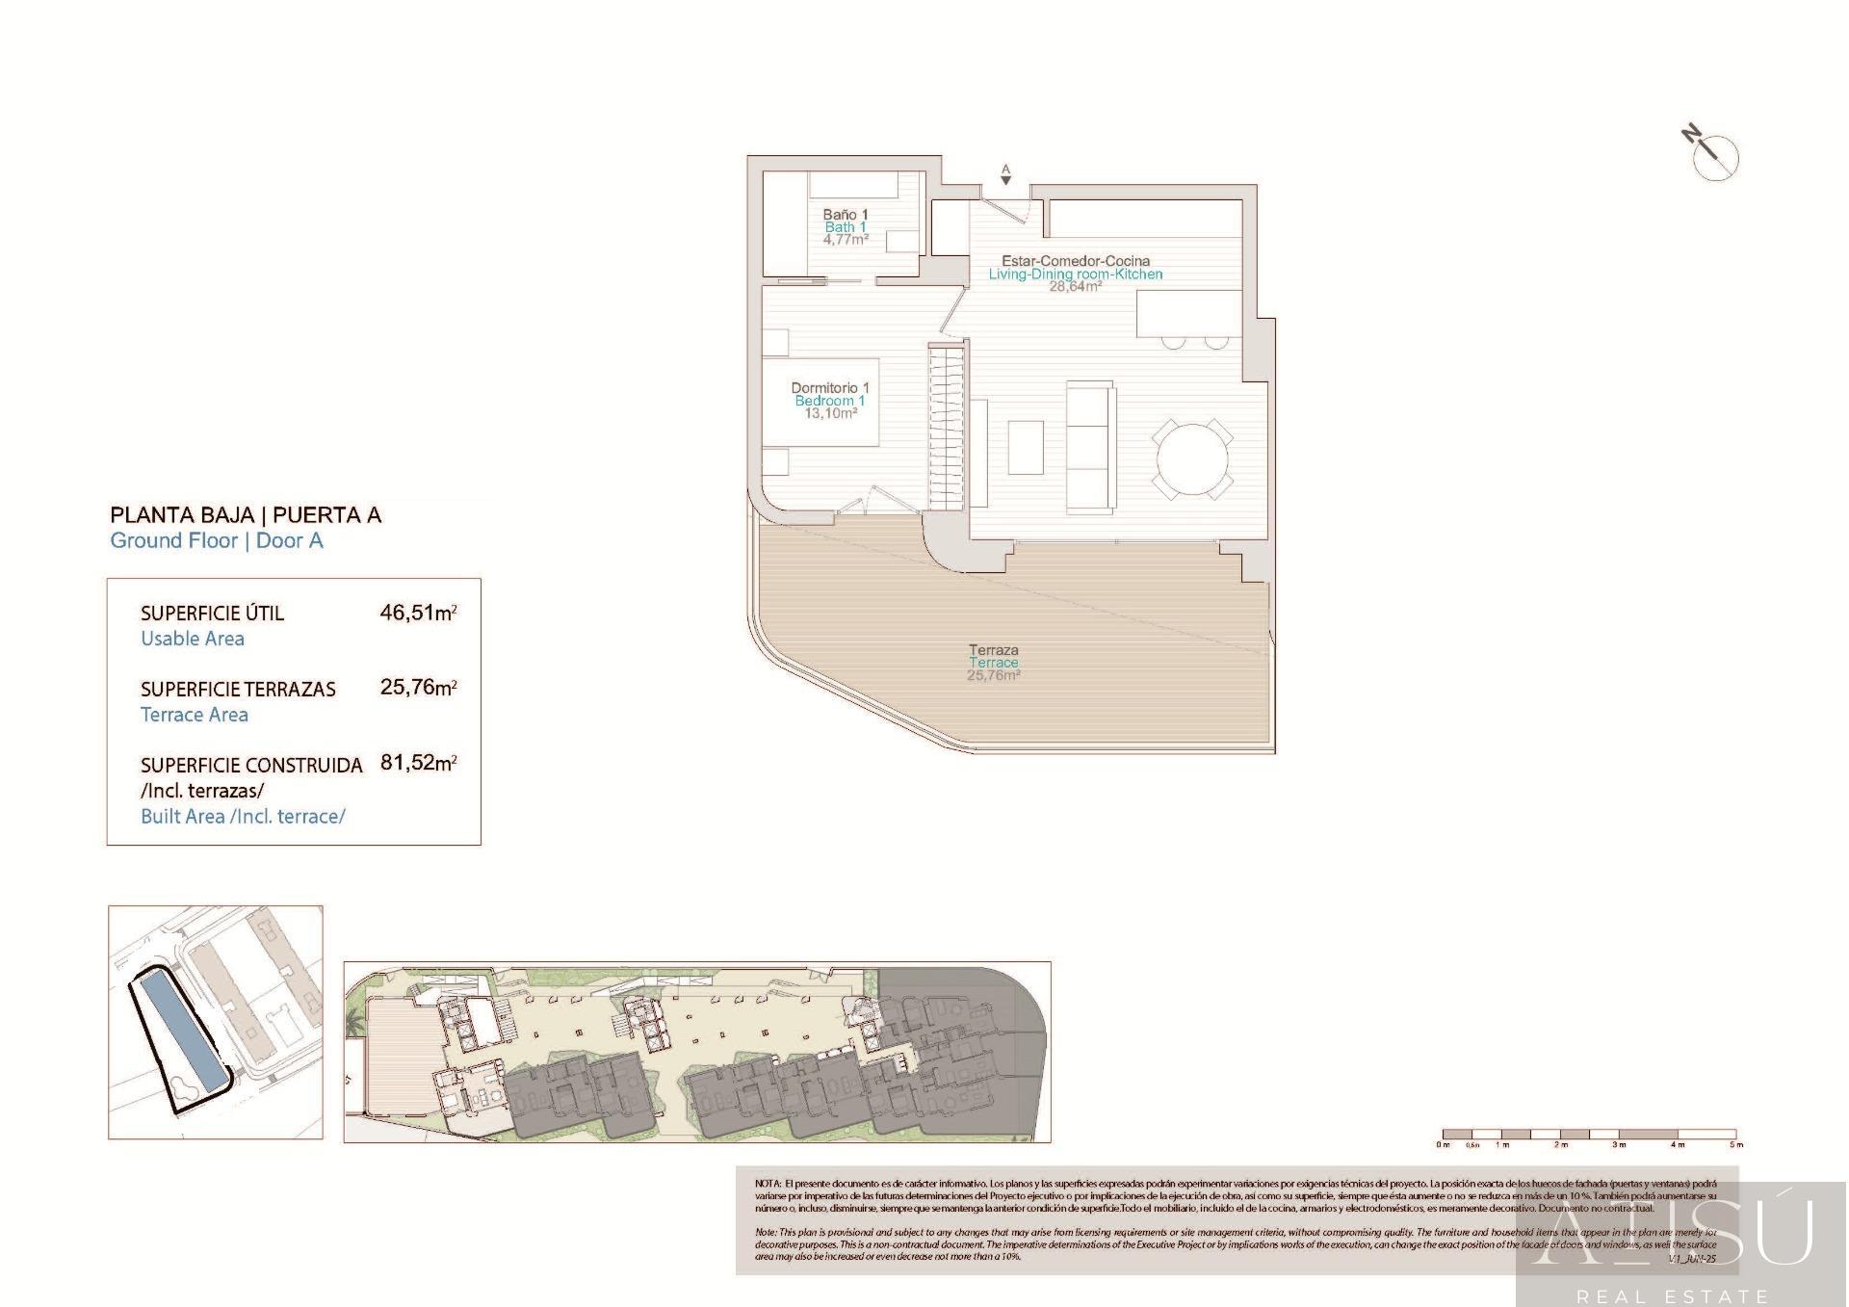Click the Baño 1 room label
point(845,214)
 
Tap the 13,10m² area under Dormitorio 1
point(830,414)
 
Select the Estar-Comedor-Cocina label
point(1075,261)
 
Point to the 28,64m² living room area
point(1075,286)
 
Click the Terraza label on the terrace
point(993,650)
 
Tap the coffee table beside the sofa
point(1026,447)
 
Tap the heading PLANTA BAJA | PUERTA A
point(246,515)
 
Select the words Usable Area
point(193,639)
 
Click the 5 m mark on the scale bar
point(1735,1144)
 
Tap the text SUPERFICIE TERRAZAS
point(238,690)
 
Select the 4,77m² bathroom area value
point(845,240)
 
